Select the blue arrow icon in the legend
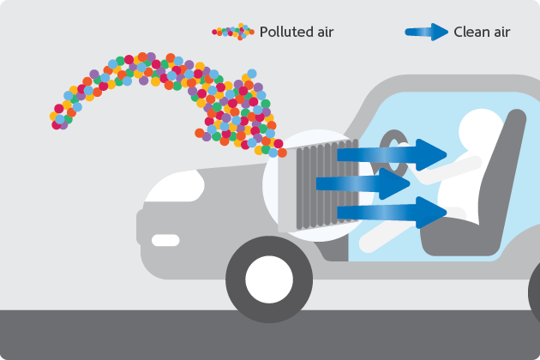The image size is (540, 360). tap(427, 33)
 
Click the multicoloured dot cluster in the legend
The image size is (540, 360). tap(234, 32)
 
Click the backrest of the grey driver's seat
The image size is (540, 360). tap(506, 171)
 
